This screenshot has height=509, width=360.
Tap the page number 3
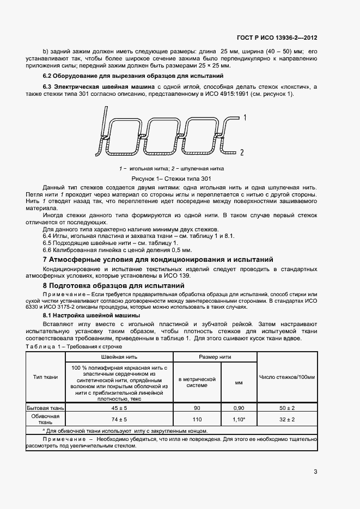(316, 472)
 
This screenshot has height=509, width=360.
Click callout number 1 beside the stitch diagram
(246, 118)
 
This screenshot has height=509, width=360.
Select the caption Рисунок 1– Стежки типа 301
(171, 178)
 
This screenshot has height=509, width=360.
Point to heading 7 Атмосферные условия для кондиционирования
(158, 260)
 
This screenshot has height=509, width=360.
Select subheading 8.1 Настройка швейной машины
(91, 315)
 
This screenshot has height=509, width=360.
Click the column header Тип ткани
(46, 377)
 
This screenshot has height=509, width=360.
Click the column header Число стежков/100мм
(287, 377)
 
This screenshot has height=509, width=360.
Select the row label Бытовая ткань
(46, 408)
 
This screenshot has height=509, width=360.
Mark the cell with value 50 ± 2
(287, 408)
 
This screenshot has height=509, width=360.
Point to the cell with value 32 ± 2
(287, 419)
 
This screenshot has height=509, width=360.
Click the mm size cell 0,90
(239, 408)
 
